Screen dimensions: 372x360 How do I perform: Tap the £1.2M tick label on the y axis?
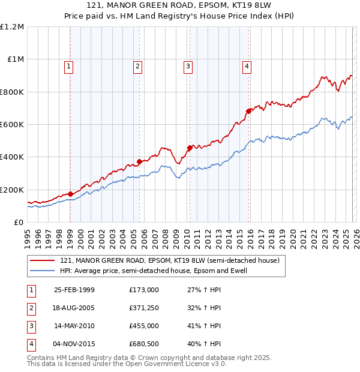[x=12, y=27]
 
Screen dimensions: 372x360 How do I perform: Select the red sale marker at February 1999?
[x=71, y=194]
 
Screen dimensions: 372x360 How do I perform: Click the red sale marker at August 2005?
[x=139, y=161]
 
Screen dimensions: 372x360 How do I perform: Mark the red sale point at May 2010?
[x=190, y=148]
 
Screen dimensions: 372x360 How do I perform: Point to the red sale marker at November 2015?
[x=248, y=111]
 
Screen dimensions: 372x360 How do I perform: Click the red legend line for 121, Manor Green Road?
[x=42, y=261]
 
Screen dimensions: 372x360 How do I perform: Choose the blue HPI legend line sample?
[x=42, y=271]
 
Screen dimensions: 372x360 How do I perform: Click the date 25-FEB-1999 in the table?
[x=74, y=290]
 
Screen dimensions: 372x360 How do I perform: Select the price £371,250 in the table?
[x=143, y=308]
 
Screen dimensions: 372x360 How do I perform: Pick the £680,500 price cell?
[x=143, y=344]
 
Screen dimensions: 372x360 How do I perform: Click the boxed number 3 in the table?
[x=31, y=326]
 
